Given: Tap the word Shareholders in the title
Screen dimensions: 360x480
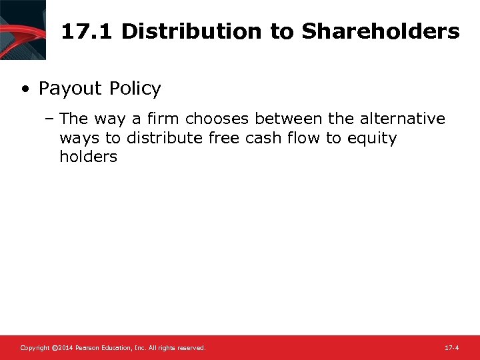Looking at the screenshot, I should click(x=380, y=31).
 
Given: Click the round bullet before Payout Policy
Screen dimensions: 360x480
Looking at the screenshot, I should click(x=24, y=89).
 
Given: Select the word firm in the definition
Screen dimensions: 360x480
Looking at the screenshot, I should click(x=164, y=119).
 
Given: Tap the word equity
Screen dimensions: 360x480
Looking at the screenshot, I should click(x=372, y=138).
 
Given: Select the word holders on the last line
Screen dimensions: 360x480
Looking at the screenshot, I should click(x=88, y=157).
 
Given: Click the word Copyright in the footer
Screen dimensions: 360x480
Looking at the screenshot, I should click(x=35, y=348).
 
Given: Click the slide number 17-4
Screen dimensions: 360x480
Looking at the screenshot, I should click(x=451, y=348).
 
